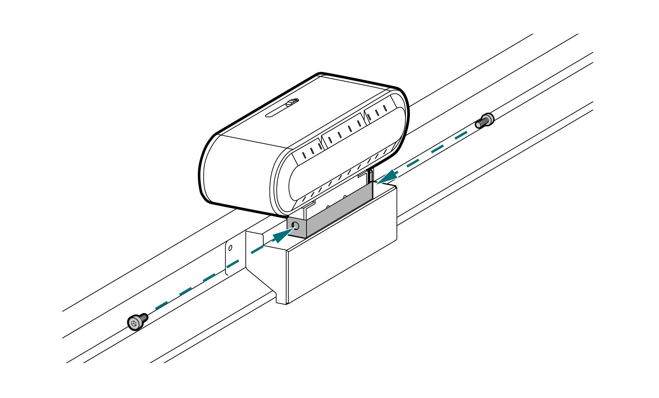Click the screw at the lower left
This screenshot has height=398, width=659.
tap(137, 321)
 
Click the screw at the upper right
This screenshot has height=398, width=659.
tap(485, 120)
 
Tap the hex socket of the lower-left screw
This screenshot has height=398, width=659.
tap(134, 323)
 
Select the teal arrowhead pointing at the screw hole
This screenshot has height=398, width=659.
tap(282, 236)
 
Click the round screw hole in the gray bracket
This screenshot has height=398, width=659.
tap(294, 225)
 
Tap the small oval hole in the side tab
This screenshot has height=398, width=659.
tap(230, 247)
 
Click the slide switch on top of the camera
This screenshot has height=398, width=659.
tap(292, 102)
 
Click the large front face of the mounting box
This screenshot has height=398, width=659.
tap(342, 261)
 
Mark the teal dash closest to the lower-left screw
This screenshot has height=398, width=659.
tap(161, 305)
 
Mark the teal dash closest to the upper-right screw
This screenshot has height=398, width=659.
tap(461, 134)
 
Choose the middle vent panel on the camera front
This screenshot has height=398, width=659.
tap(343, 130)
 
